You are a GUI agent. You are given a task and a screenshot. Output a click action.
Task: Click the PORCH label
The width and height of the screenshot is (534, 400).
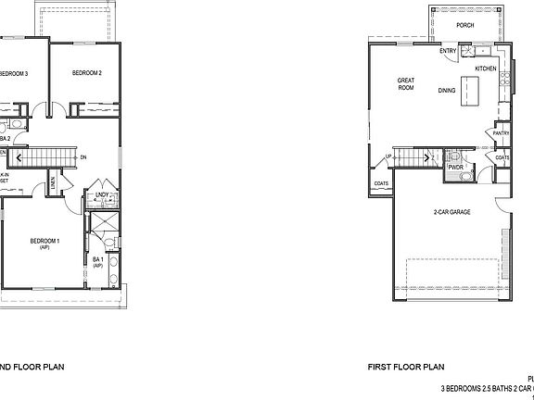pyautogui.click(x=465, y=26)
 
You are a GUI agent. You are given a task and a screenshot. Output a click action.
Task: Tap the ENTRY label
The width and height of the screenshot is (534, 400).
pyautogui.click(x=447, y=51)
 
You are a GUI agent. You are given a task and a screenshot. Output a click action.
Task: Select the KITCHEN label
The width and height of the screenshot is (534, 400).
pyautogui.click(x=486, y=69)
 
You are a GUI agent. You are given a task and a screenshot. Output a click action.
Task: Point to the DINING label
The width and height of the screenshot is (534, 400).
pyautogui.click(x=447, y=91)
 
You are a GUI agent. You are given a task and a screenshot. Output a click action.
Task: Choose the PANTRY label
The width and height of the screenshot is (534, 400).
pyautogui.click(x=502, y=132)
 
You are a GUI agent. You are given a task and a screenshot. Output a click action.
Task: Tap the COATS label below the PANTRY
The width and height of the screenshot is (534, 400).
pyautogui.click(x=502, y=157)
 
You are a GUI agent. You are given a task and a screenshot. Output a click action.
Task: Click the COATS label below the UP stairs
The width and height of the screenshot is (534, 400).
pyautogui.click(x=381, y=183)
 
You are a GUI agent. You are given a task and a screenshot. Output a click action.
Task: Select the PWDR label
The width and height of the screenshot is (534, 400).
pyautogui.click(x=455, y=168)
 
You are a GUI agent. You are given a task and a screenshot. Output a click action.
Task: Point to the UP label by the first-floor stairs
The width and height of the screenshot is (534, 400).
pyautogui.click(x=388, y=156)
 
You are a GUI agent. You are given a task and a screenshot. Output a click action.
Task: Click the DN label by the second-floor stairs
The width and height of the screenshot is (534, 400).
pyautogui.click(x=83, y=157)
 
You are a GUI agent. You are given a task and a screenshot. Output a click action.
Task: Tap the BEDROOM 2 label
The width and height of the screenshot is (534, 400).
pyautogui.click(x=87, y=73)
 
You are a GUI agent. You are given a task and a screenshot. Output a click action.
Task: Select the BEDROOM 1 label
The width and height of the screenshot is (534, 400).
pyautogui.click(x=44, y=243)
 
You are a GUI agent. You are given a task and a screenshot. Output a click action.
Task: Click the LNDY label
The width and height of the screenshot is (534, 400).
pyautogui.click(x=101, y=194)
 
